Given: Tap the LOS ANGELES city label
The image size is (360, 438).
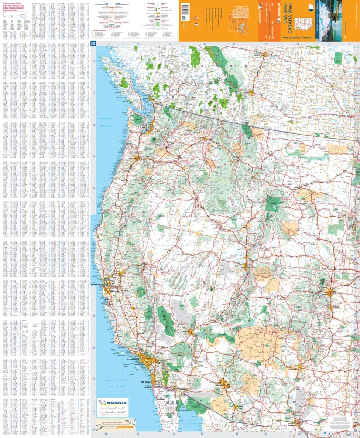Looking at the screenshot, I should click(134, 359).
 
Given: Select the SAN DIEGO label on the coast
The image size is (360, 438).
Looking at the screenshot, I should click(145, 382).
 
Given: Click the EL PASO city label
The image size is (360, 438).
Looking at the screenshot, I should click(304, 421).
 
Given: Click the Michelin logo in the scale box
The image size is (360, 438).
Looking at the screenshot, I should click(113, 403).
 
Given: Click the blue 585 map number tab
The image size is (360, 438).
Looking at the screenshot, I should click(94, 44).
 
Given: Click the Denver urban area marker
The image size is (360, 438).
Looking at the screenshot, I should click(330, 292).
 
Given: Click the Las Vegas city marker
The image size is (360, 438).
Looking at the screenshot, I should click(191, 331).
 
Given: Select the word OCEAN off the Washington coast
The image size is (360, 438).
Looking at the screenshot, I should click(107, 126).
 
